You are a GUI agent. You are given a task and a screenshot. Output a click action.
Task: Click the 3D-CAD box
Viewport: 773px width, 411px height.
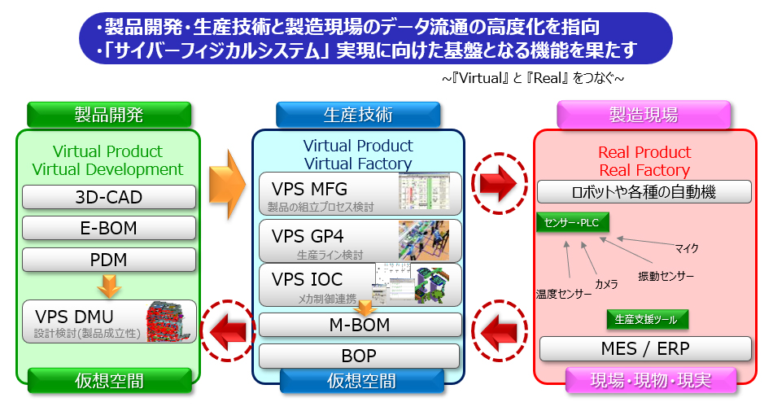point(109,197)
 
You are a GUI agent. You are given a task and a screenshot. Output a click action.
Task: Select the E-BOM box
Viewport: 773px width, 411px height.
point(109,228)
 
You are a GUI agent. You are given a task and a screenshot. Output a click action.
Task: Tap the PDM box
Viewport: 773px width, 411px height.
point(109,260)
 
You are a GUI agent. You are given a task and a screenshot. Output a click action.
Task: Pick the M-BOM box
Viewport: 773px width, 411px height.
point(359,326)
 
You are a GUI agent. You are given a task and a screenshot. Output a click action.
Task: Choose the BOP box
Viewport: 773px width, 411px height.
point(359,356)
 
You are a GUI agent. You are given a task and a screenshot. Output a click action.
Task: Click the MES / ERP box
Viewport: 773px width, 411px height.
point(645,349)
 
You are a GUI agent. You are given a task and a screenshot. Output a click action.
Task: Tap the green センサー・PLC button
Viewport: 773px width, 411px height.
point(573,221)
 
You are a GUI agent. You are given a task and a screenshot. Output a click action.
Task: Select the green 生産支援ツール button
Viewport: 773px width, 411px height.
point(648,318)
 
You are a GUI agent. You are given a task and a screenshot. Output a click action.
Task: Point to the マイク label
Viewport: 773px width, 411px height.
point(687,248)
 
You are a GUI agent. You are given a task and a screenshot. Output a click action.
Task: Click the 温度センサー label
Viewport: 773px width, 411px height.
point(563,294)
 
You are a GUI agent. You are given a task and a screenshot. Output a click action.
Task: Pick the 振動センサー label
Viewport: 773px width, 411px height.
point(666,277)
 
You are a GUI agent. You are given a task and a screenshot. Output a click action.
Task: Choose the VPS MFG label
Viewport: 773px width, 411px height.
point(309,190)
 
